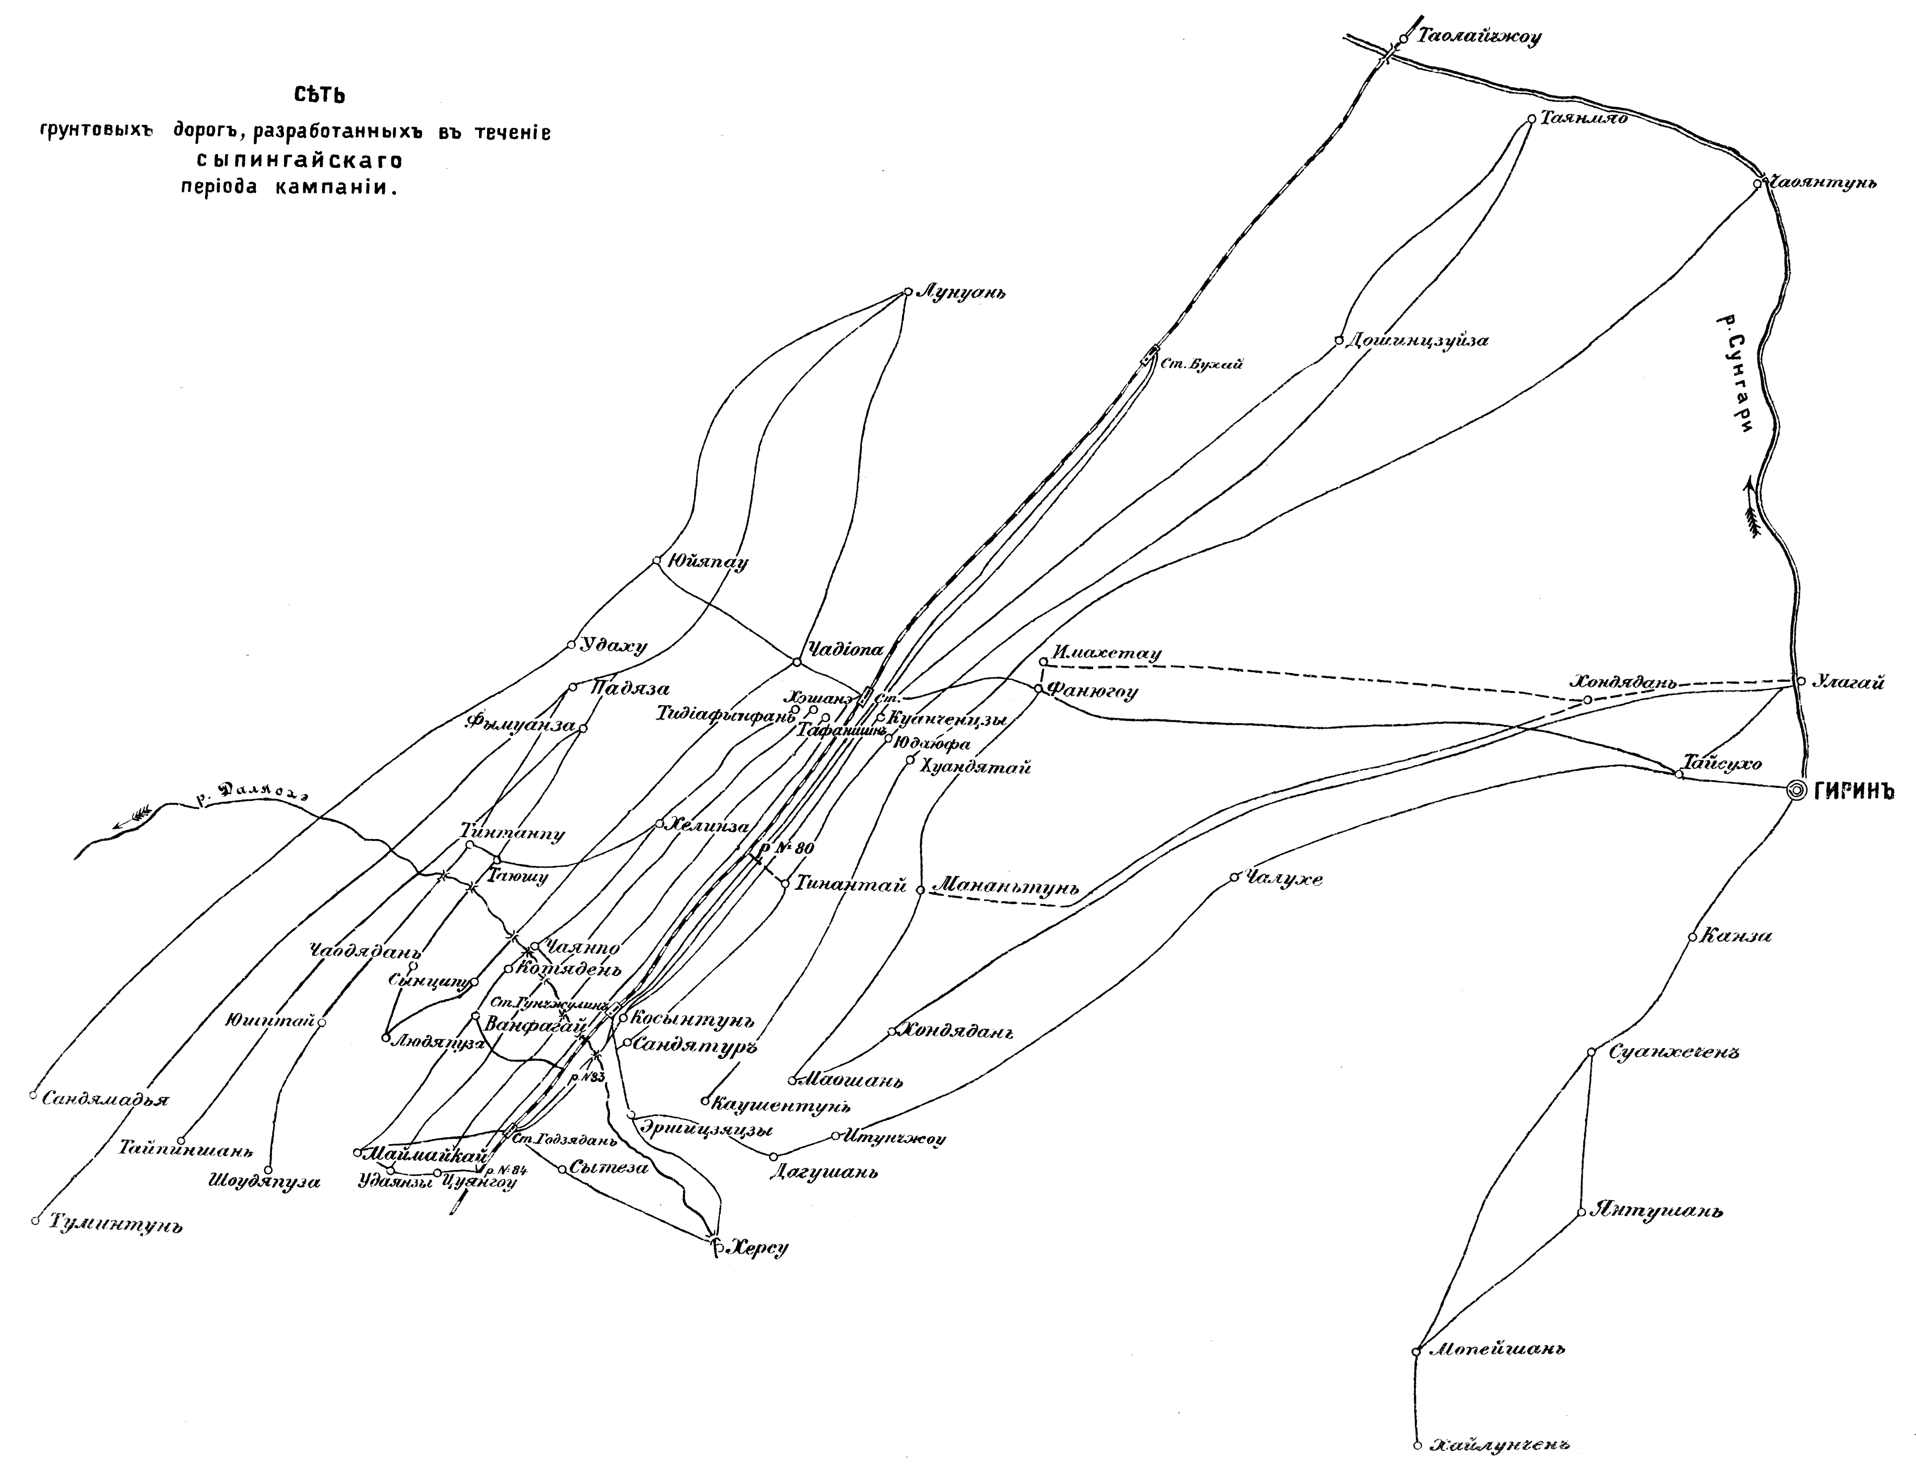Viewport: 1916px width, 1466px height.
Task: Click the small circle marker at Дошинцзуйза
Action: [x=1338, y=340]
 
